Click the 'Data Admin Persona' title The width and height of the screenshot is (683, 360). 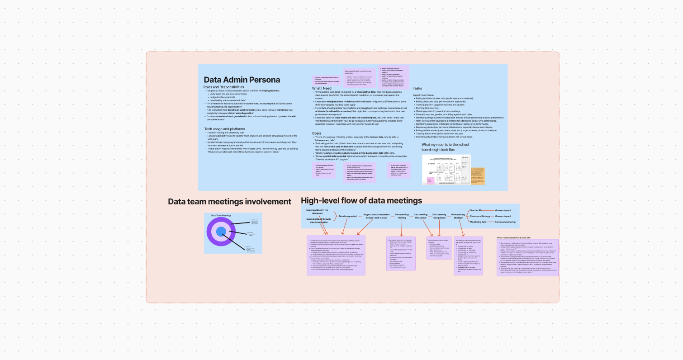coord(242,80)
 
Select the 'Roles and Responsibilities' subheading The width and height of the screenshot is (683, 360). coord(223,87)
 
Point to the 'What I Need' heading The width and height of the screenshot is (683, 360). coord(322,88)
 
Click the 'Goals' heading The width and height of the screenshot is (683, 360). coord(317,133)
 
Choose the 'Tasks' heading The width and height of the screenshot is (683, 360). coord(418,88)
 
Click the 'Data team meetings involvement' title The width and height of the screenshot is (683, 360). coord(229,202)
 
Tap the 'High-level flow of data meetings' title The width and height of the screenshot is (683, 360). coord(361,200)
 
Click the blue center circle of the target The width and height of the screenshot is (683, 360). coord(221,232)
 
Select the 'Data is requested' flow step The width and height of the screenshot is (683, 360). coord(348,216)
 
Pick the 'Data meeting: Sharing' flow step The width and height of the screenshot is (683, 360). coord(402,216)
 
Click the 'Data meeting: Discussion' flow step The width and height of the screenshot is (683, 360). coord(421,216)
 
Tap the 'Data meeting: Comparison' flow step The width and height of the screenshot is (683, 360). coord(439,216)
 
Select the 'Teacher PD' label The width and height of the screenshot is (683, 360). coord(476,210)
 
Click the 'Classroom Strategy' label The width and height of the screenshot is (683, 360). coord(480,216)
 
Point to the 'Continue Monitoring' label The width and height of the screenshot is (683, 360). coord(505,222)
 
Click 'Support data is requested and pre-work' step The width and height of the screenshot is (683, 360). coord(376,216)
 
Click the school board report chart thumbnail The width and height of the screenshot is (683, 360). coord(446,170)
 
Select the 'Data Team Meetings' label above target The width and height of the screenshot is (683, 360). coord(221,215)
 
